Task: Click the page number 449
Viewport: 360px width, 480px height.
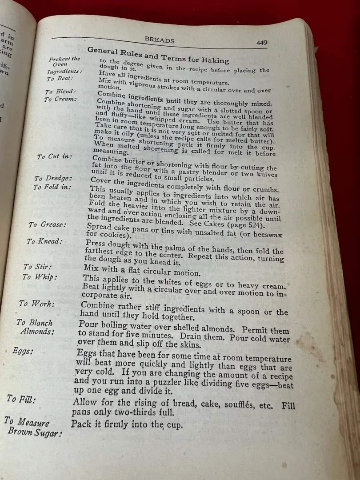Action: pos(261,43)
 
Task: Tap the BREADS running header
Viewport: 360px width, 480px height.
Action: pos(160,40)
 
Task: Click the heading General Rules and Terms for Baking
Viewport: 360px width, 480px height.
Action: pos(158,56)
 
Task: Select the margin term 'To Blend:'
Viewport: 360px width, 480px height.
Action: pos(60,92)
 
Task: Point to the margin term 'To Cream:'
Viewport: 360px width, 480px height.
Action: pos(60,99)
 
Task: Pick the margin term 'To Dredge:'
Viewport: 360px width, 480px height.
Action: pos(53,179)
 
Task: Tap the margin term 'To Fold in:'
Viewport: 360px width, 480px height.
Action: pos(52,187)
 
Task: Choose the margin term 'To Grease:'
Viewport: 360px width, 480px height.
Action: pos(48,225)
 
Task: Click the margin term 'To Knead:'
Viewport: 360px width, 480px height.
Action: pos(44,241)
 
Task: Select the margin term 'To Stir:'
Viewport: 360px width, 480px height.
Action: pos(37,267)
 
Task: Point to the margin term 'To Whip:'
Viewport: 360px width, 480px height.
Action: pos(40,277)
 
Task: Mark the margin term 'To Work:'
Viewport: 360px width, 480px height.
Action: pos(37,304)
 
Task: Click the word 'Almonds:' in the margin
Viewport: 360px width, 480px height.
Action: pos(37,332)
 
